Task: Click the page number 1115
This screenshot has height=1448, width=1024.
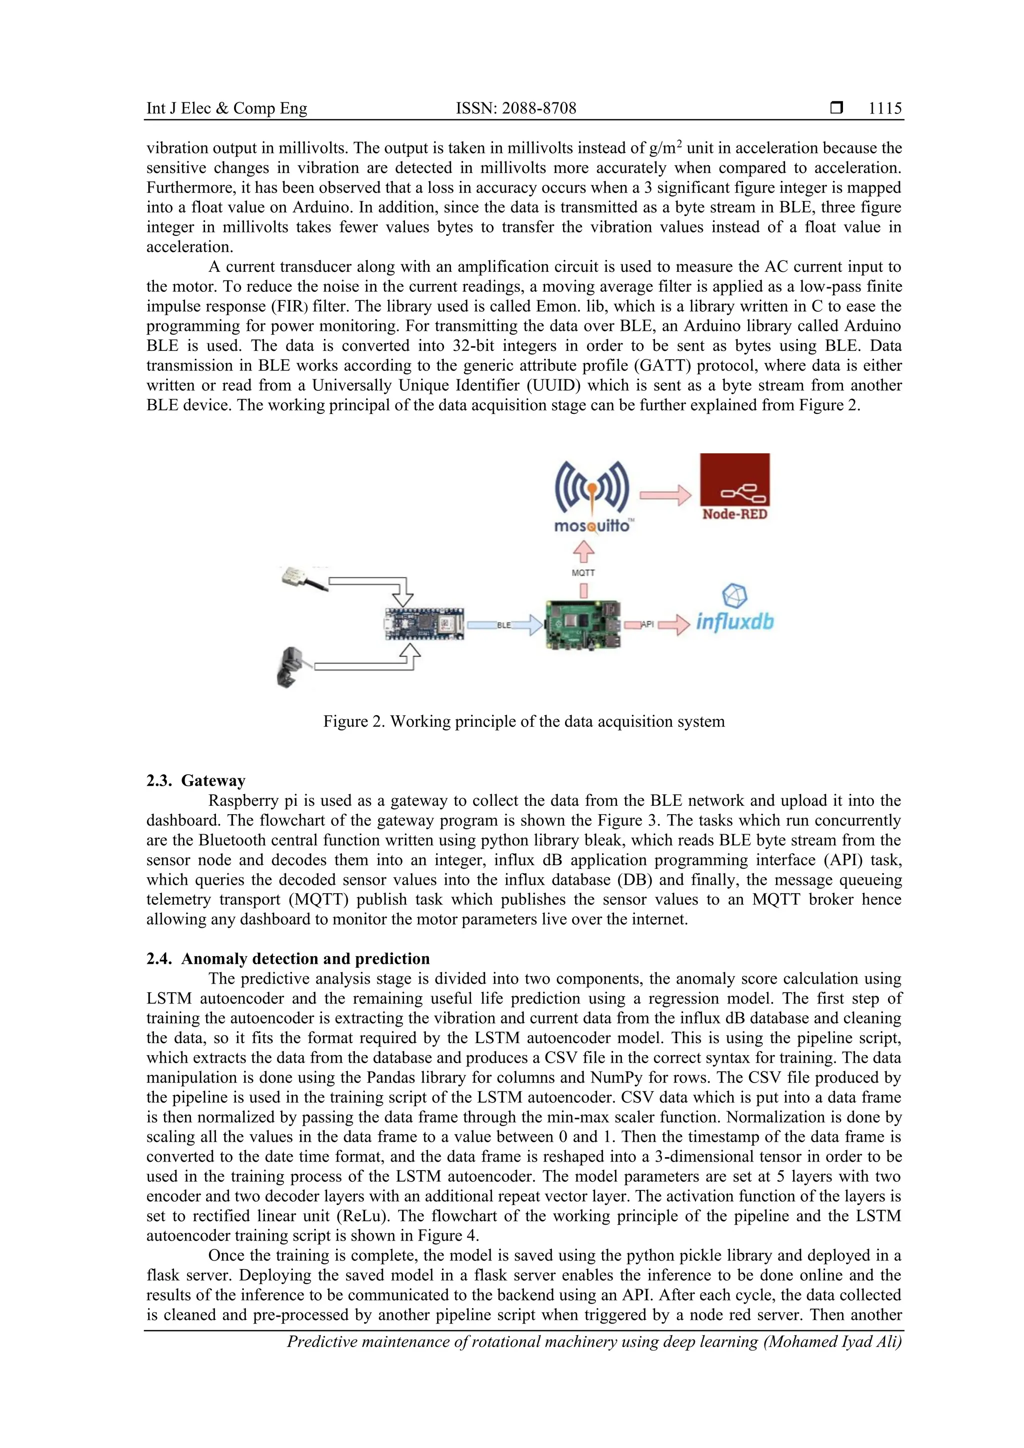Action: click(884, 108)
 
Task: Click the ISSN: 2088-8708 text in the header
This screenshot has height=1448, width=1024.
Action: click(516, 108)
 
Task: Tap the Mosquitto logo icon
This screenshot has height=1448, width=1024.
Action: click(592, 489)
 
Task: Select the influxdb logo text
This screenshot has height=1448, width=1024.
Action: click(734, 622)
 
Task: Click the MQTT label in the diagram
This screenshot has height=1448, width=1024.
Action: click(583, 573)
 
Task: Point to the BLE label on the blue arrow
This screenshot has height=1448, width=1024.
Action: click(503, 626)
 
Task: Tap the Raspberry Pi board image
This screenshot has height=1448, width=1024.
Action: click(583, 624)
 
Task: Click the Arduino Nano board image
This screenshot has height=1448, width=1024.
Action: click(424, 624)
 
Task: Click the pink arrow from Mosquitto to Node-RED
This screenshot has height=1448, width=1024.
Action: click(665, 494)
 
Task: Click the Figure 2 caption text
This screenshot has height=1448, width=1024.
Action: click(523, 721)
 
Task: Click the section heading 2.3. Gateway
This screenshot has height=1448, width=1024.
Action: click(195, 781)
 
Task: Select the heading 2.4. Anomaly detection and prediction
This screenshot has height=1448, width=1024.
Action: click(287, 959)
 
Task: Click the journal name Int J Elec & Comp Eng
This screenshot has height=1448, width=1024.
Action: click(226, 108)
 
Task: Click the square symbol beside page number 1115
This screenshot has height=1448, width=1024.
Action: click(836, 108)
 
